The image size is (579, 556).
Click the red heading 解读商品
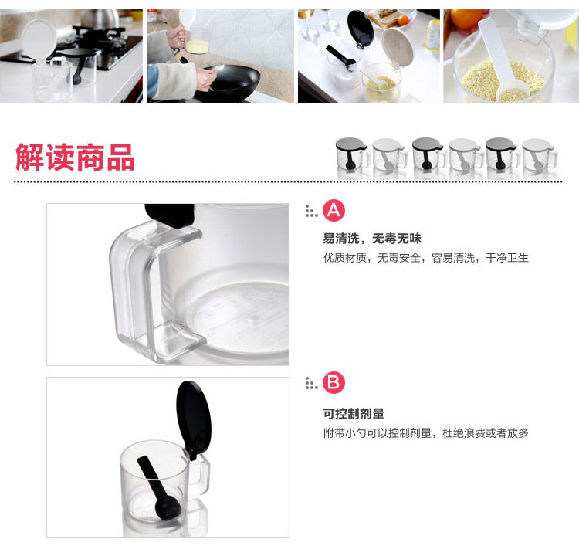click(75, 158)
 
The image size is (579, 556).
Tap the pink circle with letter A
click(334, 211)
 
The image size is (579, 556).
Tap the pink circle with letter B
click(334, 382)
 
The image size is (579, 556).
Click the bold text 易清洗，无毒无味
click(372, 239)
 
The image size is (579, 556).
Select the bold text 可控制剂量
click(354, 413)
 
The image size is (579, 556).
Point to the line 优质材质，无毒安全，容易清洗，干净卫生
click(425, 257)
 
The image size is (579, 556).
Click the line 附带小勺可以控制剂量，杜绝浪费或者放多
click(425, 432)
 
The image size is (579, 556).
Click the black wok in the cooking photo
click(229, 83)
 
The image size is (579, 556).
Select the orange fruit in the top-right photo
click(466, 19)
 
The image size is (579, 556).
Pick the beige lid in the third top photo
click(398, 48)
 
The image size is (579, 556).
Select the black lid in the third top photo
click(360, 29)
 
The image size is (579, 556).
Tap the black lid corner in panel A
click(170, 215)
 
